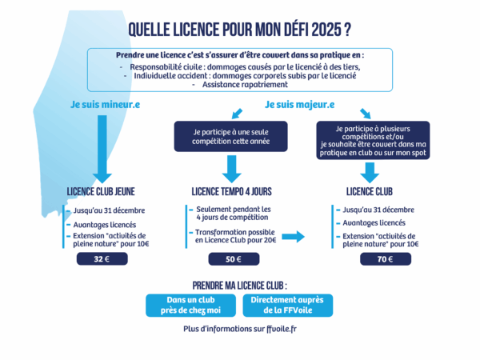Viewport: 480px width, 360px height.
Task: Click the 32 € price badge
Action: (102, 258)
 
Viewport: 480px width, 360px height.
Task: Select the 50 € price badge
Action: (234, 259)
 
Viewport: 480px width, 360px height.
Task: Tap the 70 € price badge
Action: (386, 259)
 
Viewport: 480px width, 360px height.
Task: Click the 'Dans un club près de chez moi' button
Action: (190, 306)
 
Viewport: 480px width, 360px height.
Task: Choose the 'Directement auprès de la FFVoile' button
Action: (288, 306)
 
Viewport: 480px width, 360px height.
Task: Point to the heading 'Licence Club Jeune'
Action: (101, 192)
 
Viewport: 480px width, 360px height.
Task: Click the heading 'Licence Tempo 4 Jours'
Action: (231, 192)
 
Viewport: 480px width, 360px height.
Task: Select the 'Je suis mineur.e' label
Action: (106, 104)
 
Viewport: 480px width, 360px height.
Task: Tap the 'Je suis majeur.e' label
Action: (300, 104)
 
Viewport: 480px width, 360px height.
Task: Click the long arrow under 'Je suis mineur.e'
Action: (102, 149)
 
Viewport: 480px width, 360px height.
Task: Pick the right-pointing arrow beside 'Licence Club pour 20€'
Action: (293, 236)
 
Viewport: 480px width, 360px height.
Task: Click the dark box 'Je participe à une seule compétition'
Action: (231, 137)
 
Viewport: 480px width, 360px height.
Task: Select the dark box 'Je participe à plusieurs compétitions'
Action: (373, 140)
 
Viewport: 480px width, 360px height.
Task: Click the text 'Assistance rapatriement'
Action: (245, 85)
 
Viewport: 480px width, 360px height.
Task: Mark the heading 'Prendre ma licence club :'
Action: (240, 286)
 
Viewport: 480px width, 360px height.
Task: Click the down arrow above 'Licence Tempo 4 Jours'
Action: (232, 169)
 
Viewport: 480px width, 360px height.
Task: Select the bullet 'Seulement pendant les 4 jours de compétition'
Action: (234, 213)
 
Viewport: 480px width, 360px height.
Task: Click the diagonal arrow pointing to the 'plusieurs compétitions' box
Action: (366, 114)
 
